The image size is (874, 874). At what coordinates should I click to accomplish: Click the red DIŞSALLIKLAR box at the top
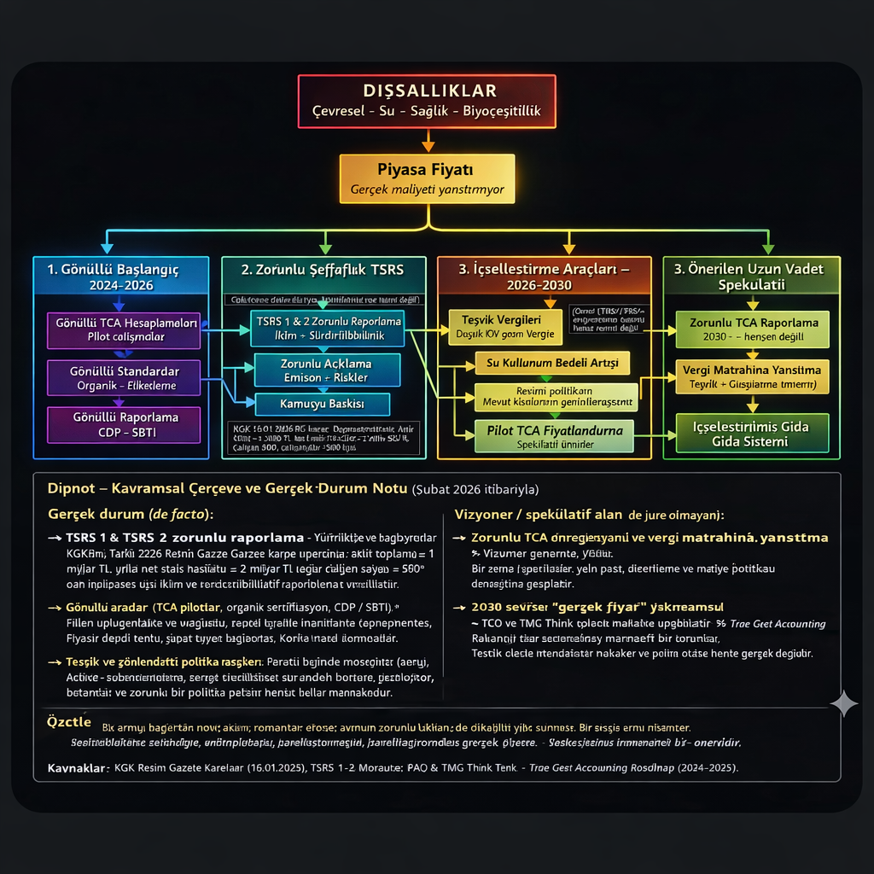(427, 101)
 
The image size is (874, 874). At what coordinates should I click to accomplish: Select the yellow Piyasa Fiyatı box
(427, 178)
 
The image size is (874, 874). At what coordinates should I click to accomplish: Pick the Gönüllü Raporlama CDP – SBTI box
(124, 424)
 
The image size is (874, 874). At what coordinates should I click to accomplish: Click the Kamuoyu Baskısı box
(322, 403)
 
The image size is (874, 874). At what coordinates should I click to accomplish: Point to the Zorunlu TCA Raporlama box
(752, 329)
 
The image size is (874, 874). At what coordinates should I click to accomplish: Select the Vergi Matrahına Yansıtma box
(752, 376)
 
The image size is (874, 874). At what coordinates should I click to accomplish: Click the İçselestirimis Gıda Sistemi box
(752, 433)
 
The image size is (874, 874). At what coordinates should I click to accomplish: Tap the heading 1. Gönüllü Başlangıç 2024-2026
(120, 277)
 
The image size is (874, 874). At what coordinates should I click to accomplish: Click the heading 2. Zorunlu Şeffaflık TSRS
(322, 270)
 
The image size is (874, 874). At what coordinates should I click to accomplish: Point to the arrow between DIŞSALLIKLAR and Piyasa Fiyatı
(428, 140)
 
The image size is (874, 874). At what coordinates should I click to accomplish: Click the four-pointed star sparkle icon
(844, 703)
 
